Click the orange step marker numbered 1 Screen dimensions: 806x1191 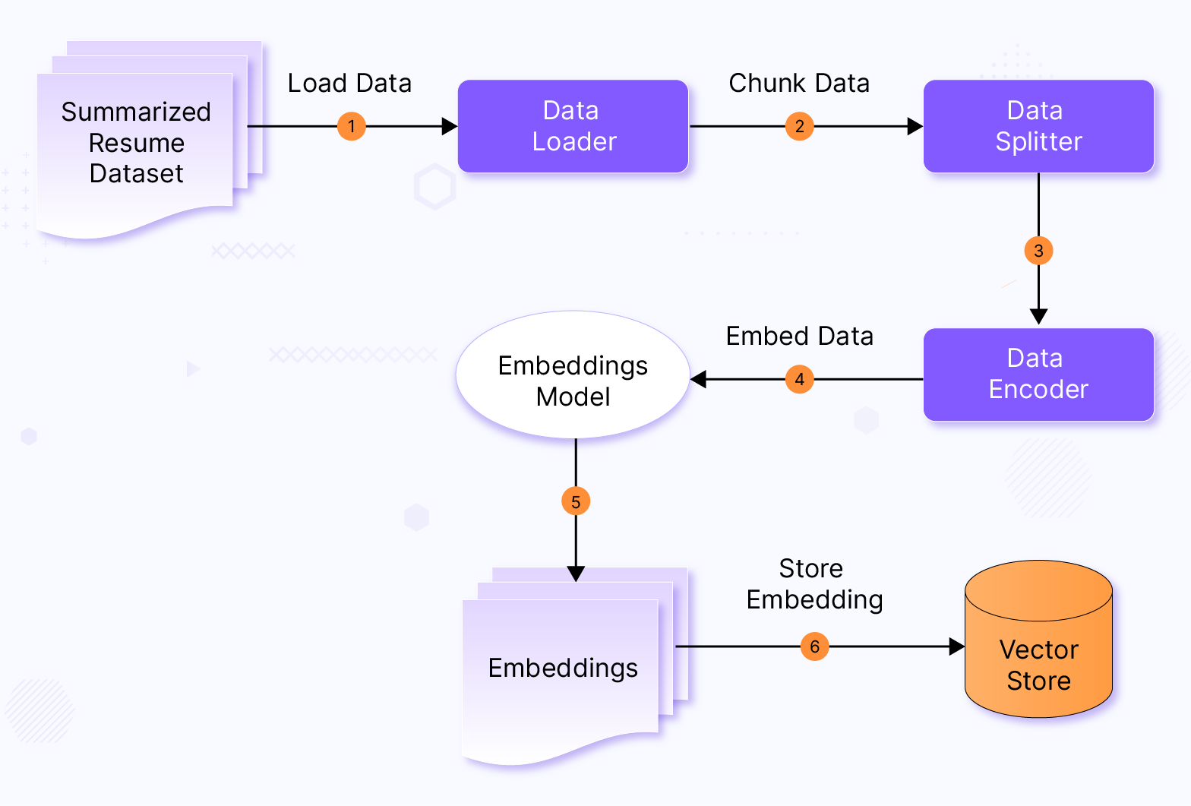click(351, 126)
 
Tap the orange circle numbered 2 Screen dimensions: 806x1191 click(799, 126)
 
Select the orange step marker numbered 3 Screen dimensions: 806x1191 click(1038, 251)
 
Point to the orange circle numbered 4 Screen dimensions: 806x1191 click(799, 379)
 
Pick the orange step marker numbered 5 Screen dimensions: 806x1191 click(576, 501)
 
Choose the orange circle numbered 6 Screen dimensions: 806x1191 click(814, 646)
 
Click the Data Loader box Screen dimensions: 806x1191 click(573, 126)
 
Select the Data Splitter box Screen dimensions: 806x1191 click(1038, 126)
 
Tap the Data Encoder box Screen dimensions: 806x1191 click(1038, 374)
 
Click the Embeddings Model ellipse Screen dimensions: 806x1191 click(573, 380)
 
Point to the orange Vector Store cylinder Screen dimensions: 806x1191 click(1038, 653)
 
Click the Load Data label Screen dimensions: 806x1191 click(349, 84)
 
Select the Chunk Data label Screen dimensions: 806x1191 click(799, 84)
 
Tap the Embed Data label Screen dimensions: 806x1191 click(799, 337)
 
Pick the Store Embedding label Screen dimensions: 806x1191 click(814, 584)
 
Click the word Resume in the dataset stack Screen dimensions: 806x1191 click(137, 143)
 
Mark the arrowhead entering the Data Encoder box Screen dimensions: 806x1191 click(1038, 317)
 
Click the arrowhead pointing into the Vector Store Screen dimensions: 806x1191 click(957, 646)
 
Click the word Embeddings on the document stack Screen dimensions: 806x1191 click(563, 668)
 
